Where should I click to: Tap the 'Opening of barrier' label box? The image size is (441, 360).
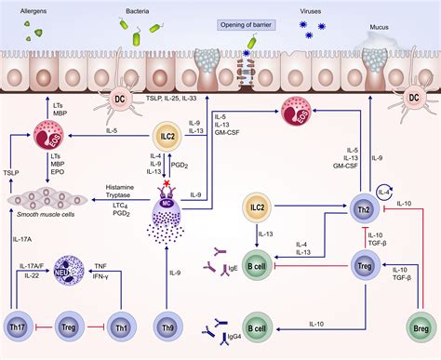coord(248,25)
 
